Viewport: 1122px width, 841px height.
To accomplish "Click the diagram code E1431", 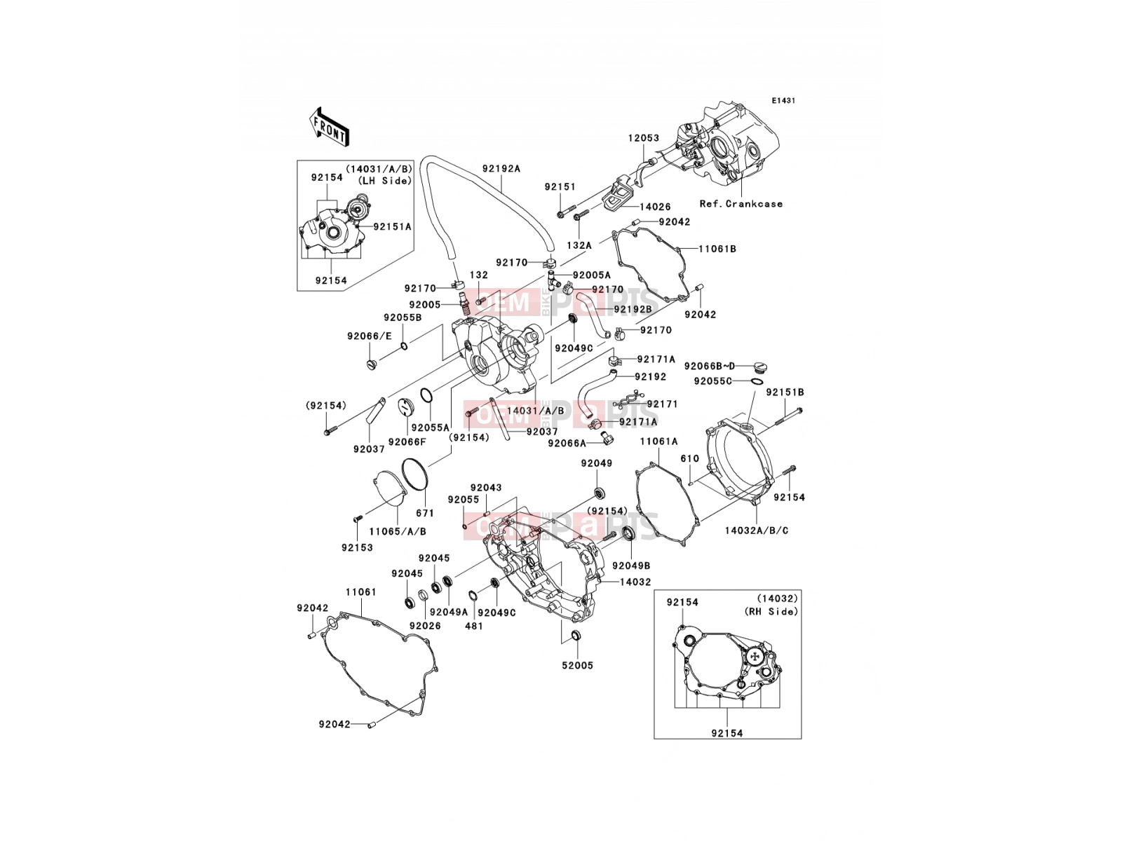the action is point(783,101).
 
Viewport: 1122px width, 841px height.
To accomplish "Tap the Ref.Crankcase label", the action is point(741,204).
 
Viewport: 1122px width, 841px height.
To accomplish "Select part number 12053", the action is point(644,138).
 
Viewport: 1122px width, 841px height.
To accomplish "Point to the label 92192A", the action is point(501,168).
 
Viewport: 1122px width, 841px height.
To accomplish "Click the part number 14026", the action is point(655,207).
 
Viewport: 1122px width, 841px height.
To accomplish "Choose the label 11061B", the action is point(717,249).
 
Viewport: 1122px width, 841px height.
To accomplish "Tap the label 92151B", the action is point(785,392).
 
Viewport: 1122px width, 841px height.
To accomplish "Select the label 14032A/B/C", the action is point(757,531).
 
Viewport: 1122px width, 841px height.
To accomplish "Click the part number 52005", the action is point(578,665).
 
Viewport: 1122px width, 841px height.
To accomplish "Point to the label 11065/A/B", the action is point(398,531).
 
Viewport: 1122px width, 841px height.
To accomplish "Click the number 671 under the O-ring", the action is point(425,513).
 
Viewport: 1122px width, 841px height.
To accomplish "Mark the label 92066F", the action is point(407,442).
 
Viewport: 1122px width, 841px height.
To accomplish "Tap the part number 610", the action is point(689,458).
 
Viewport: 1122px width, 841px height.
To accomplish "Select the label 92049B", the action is point(631,566).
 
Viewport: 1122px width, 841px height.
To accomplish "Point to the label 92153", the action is point(358,547).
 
